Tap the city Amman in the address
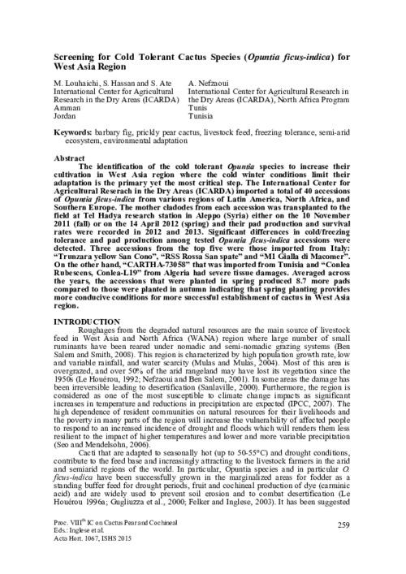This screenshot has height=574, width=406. click(x=67, y=108)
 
